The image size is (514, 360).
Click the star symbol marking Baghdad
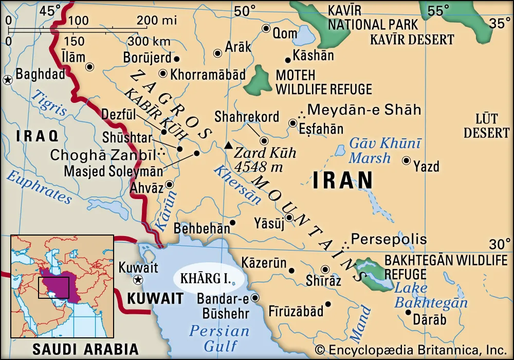(x=8, y=80)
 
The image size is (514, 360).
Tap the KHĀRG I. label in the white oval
(x=205, y=278)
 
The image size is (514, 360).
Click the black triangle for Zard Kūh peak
(x=228, y=146)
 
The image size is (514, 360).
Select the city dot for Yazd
(x=406, y=161)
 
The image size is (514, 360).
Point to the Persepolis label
(x=389, y=239)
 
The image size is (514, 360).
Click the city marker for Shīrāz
(x=325, y=269)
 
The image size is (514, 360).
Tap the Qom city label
(x=285, y=33)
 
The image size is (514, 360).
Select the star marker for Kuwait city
(x=137, y=280)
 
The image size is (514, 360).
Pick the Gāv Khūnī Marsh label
(x=384, y=151)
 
